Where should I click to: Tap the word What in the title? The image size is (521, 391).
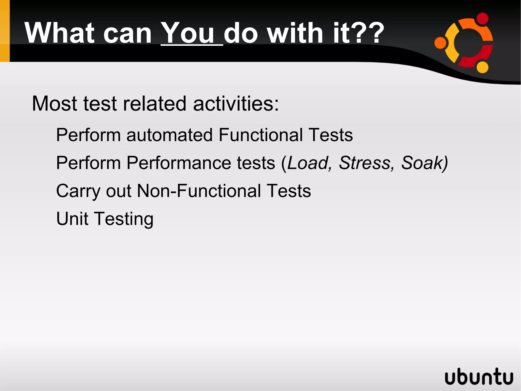(x=60, y=33)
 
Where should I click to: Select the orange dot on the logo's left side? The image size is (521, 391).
(x=440, y=43)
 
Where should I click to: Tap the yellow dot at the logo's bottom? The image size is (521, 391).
(x=482, y=67)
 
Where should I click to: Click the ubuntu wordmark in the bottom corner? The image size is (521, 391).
(x=479, y=376)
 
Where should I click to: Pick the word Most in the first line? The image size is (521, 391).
(x=54, y=104)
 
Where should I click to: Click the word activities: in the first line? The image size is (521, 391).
(x=236, y=104)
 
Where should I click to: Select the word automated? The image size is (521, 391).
(x=169, y=135)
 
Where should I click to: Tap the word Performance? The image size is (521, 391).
(x=201, y=163)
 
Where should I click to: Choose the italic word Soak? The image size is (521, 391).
(x=422, y=163)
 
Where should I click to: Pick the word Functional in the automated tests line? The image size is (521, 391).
(x=260, y=135)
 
